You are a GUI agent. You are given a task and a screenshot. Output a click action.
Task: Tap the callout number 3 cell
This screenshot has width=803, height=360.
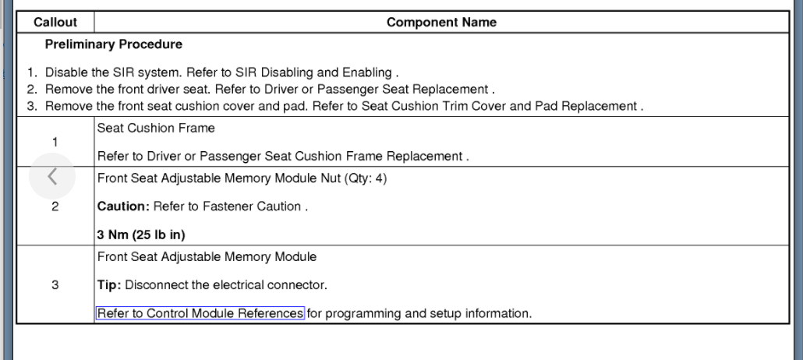[55, 284]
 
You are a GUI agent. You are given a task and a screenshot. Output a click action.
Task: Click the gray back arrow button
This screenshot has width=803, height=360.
[52, 178]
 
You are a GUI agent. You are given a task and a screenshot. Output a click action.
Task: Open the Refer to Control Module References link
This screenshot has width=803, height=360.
[200, 314]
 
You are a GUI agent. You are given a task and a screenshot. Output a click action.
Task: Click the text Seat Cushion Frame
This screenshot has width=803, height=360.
[145, 126]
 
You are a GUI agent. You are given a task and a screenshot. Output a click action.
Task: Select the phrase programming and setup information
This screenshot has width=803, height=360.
[427, 314]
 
